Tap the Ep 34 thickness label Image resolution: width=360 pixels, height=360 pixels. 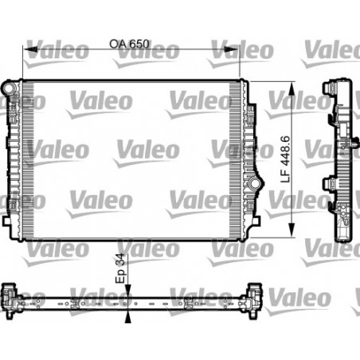tap(121, 268)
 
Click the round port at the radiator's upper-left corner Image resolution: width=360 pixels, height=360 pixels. tap(9, 84)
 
